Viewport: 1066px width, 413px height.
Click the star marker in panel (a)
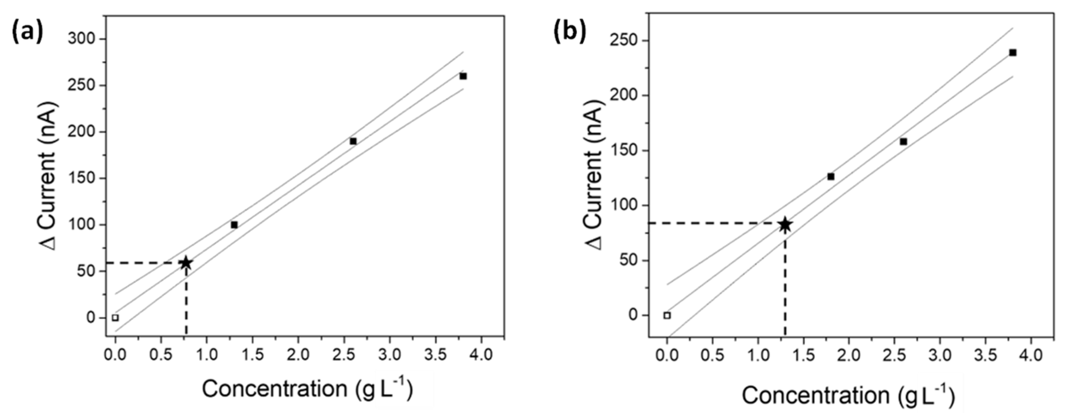(x=186, y=262)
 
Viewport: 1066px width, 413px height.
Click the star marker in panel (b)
(x=785, y=225)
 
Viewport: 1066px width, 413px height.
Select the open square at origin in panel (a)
(x=115, y=318)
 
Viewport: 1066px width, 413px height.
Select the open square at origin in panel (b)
(x=667, y=315)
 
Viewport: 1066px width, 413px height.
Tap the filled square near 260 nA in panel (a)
(x=463, y=76)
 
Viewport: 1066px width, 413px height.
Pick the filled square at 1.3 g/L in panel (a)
(x=234, y=225)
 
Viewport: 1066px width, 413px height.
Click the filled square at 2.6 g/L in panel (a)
(x=353, y=141)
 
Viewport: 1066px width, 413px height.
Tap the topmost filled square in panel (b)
(x=1013, y=52)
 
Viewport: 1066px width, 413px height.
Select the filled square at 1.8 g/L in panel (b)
(x=830, y=176)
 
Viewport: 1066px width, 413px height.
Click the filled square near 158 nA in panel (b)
(x=903, y=141)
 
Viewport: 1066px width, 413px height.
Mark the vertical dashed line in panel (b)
(x=785, y=289)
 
